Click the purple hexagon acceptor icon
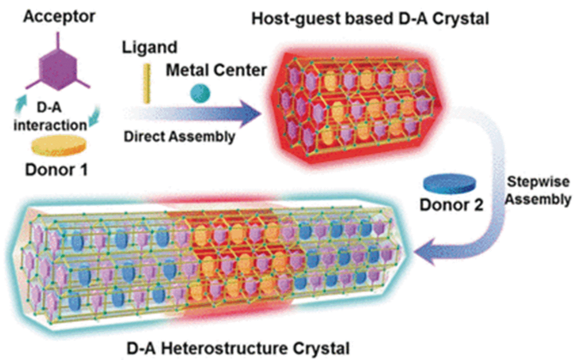coord(57,69)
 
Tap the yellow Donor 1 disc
coord(59,146)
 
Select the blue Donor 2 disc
coord(449,184)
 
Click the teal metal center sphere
coord(200,93)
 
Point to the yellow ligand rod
coord(147,83)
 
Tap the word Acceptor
coord(59,17)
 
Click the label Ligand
coord(149,47)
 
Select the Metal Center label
coord(216,70)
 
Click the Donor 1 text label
coord(56,170)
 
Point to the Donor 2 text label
coord(451,205)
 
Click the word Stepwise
coord(538,182)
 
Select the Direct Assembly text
coord(179,136)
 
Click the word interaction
coord(50,125)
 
